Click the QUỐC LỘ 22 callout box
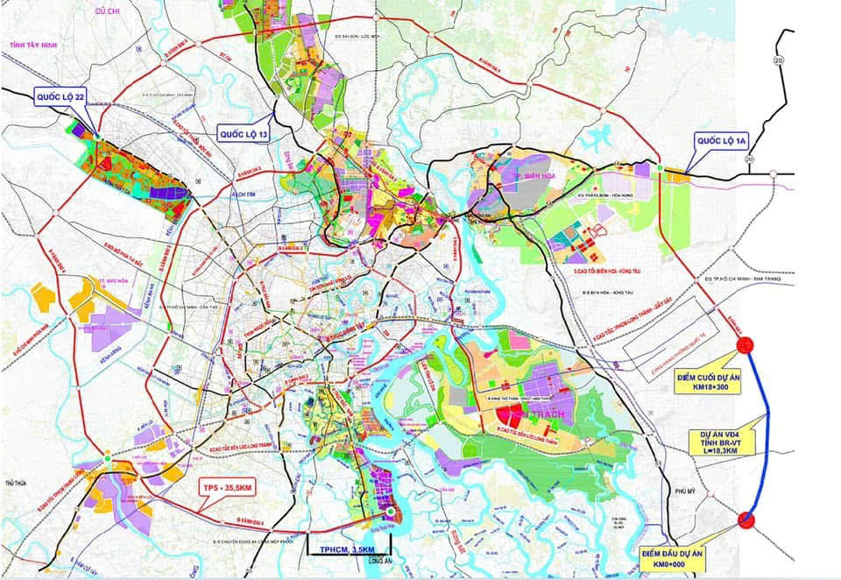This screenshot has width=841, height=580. [60, 96]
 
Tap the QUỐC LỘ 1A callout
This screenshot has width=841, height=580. [721, 140]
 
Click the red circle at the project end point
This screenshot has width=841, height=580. [746, 344]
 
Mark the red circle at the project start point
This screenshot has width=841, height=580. [746, 520]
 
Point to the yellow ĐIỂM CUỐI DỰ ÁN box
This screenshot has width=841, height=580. [708, 378]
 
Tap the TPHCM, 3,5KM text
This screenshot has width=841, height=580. [348, 550]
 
